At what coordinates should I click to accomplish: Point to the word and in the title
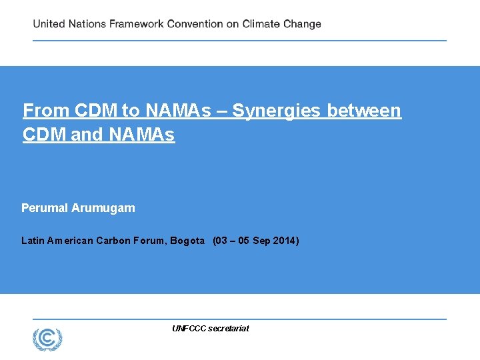tap(86, 135)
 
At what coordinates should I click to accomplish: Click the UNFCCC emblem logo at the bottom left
tap(47, 339)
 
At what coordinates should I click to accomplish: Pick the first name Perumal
tap(45, 208)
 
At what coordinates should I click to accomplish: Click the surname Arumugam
tap(103, 208)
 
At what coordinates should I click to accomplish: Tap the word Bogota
tap(187, 241)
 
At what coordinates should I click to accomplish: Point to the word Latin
tap(33, 241)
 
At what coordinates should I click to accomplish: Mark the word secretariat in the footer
tap(229, 328)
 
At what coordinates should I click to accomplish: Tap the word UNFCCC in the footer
tap(189, 328)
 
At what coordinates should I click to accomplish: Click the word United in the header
tap(49, 24)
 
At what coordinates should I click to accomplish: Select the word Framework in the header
tap(135, 24)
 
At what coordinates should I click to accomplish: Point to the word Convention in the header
tap(195, 24)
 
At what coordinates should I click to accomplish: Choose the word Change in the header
tap(302, 24)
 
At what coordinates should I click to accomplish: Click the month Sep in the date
tap(261, 241)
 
